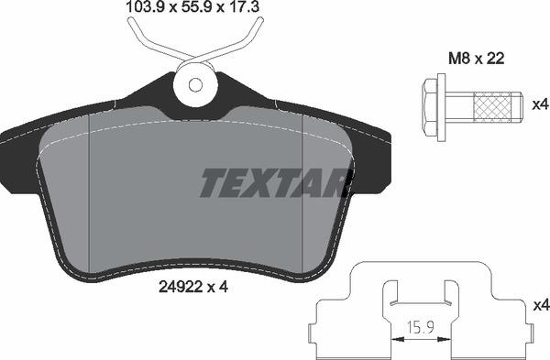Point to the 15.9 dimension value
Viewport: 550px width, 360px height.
(x=422, y=325)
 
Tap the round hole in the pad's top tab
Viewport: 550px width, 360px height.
(x=194, y=84)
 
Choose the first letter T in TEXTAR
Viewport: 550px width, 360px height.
(x=212, y=184)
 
